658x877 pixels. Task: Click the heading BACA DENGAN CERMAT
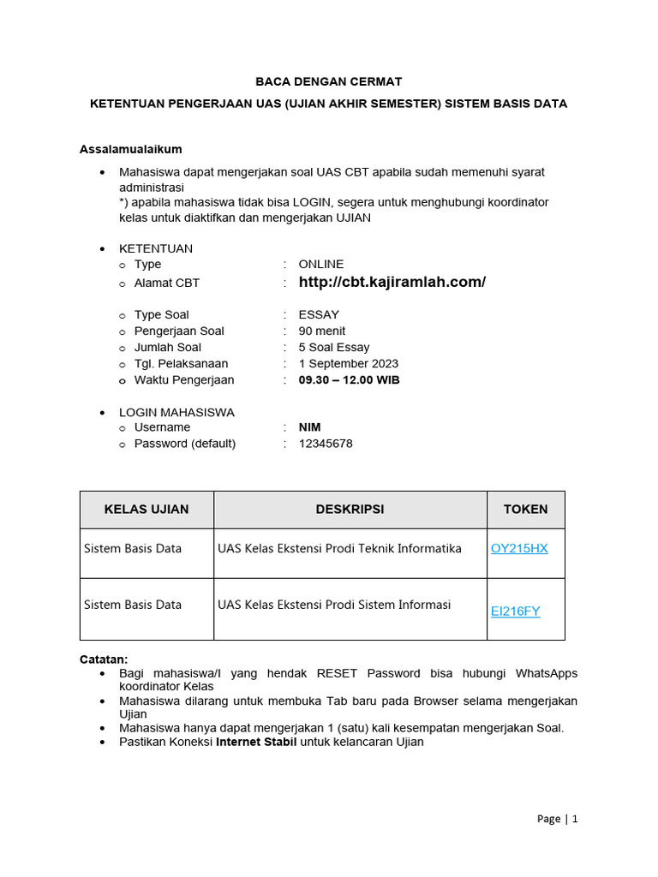coord(329,82)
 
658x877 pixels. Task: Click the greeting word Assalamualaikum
coord(130,149)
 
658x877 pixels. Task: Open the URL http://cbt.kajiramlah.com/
coord(392,282)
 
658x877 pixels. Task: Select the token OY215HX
coord(518,548)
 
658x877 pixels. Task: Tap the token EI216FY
coord(515,611)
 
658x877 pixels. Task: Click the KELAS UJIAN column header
coord(147,509)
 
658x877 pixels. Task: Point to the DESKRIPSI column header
coord(350,509)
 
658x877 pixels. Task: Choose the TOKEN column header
coord(525,509)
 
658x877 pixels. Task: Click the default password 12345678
coord(325,444)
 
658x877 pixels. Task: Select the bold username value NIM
coord(309,427)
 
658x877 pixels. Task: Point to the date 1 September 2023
coord(348,363)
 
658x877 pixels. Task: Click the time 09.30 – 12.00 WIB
coord(349,379)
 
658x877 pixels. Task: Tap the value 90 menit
coord(321,331)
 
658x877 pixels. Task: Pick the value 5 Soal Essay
coord(333,347)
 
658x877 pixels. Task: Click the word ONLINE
coord(320,265)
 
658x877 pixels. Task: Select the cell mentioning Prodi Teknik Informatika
coord(339,548)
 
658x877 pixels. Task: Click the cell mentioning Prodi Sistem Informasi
coord(334,605)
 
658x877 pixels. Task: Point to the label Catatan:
coord(104,659)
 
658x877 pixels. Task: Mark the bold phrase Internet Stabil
coord(256,742)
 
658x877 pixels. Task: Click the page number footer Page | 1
coord(557,819)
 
